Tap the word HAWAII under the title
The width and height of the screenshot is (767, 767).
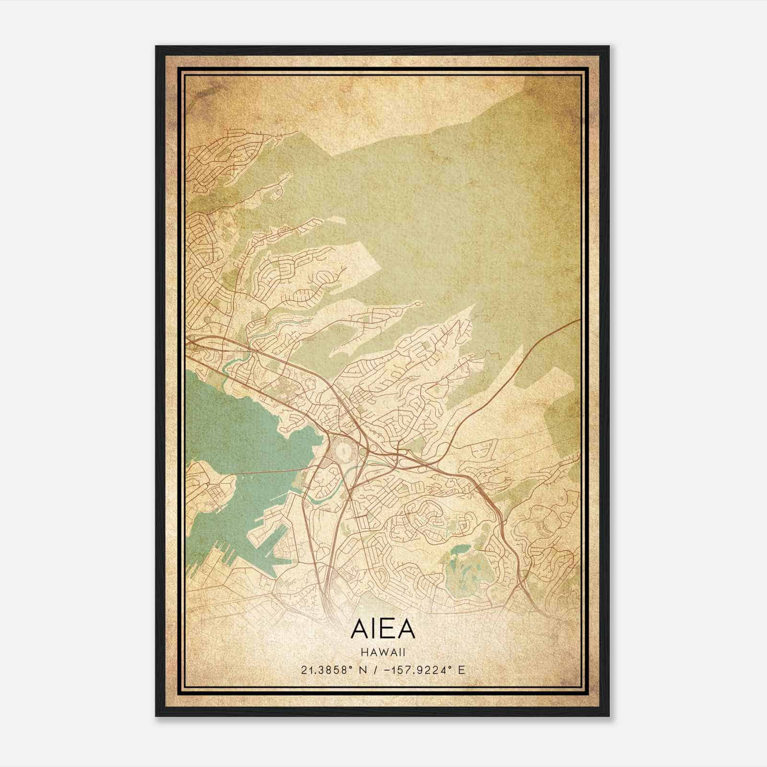pos(383,652)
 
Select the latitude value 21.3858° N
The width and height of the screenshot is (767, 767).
pos(331,670)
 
